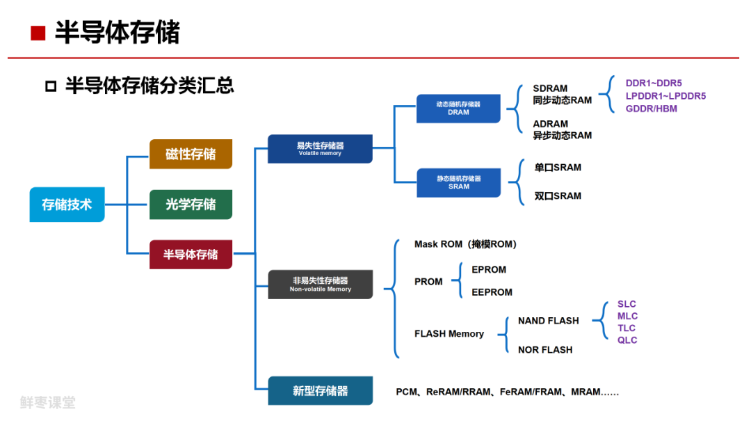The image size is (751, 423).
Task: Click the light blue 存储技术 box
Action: point(67,205)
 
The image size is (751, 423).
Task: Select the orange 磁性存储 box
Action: point(191,154)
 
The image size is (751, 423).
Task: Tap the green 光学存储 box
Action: point(191,205)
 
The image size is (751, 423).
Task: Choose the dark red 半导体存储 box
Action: point(191,255)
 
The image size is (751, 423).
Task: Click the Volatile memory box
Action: point(320,149)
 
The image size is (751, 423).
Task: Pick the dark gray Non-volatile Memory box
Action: point(320,284)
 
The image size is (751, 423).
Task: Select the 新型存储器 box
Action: point(320,391)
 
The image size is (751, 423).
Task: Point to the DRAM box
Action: point(458,108)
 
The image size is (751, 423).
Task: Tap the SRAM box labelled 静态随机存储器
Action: point(458,182)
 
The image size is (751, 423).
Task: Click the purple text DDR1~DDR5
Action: point(654,83)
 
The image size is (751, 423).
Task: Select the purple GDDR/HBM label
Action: point(651,109)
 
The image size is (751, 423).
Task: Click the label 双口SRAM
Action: point(558,196)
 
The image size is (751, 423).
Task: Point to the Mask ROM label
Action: point(438,244)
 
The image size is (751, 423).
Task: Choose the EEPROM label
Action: point(492,292)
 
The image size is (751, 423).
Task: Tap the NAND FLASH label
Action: point(548,321)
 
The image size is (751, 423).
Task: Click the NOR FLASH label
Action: point(545,350)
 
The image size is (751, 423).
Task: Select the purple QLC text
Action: point(627,340)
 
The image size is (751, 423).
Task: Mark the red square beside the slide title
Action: point(38,33)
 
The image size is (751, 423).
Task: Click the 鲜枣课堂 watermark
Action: point(47,402)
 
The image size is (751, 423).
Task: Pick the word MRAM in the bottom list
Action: point(586,392)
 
